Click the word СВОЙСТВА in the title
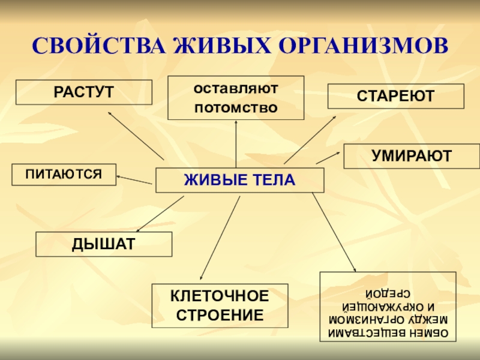pos(98,46)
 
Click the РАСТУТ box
pos(84,92)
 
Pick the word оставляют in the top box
pos(236,88)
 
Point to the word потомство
pos(236,108)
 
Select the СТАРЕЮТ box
pos(395,96)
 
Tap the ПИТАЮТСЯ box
pos(64,174)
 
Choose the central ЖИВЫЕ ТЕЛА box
pos(239,180)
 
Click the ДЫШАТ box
pos(104,244)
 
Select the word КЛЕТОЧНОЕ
pos(220,296)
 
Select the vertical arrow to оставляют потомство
pos(236,144)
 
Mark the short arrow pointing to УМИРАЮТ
pos(328,157)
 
